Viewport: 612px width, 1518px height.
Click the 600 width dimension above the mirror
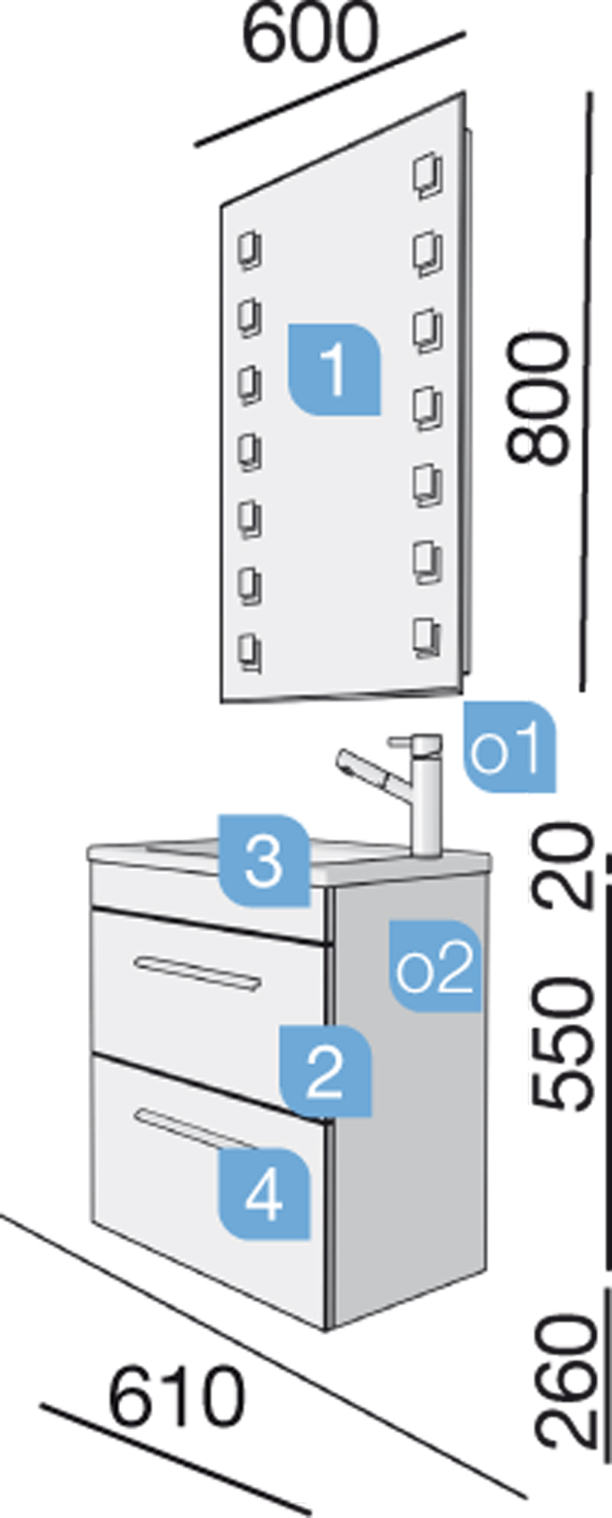point(310,35)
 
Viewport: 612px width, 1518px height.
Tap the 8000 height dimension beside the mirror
point(540,399)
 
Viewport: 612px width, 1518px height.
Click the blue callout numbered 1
point(334,370)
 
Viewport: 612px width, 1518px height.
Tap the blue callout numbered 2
point(324,1070)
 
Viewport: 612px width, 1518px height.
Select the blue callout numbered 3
point(264,860)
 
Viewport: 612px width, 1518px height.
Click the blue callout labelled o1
point(509,747)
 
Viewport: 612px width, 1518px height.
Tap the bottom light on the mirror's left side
point(249,653)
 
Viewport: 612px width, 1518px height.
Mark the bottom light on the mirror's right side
point(427,638)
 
